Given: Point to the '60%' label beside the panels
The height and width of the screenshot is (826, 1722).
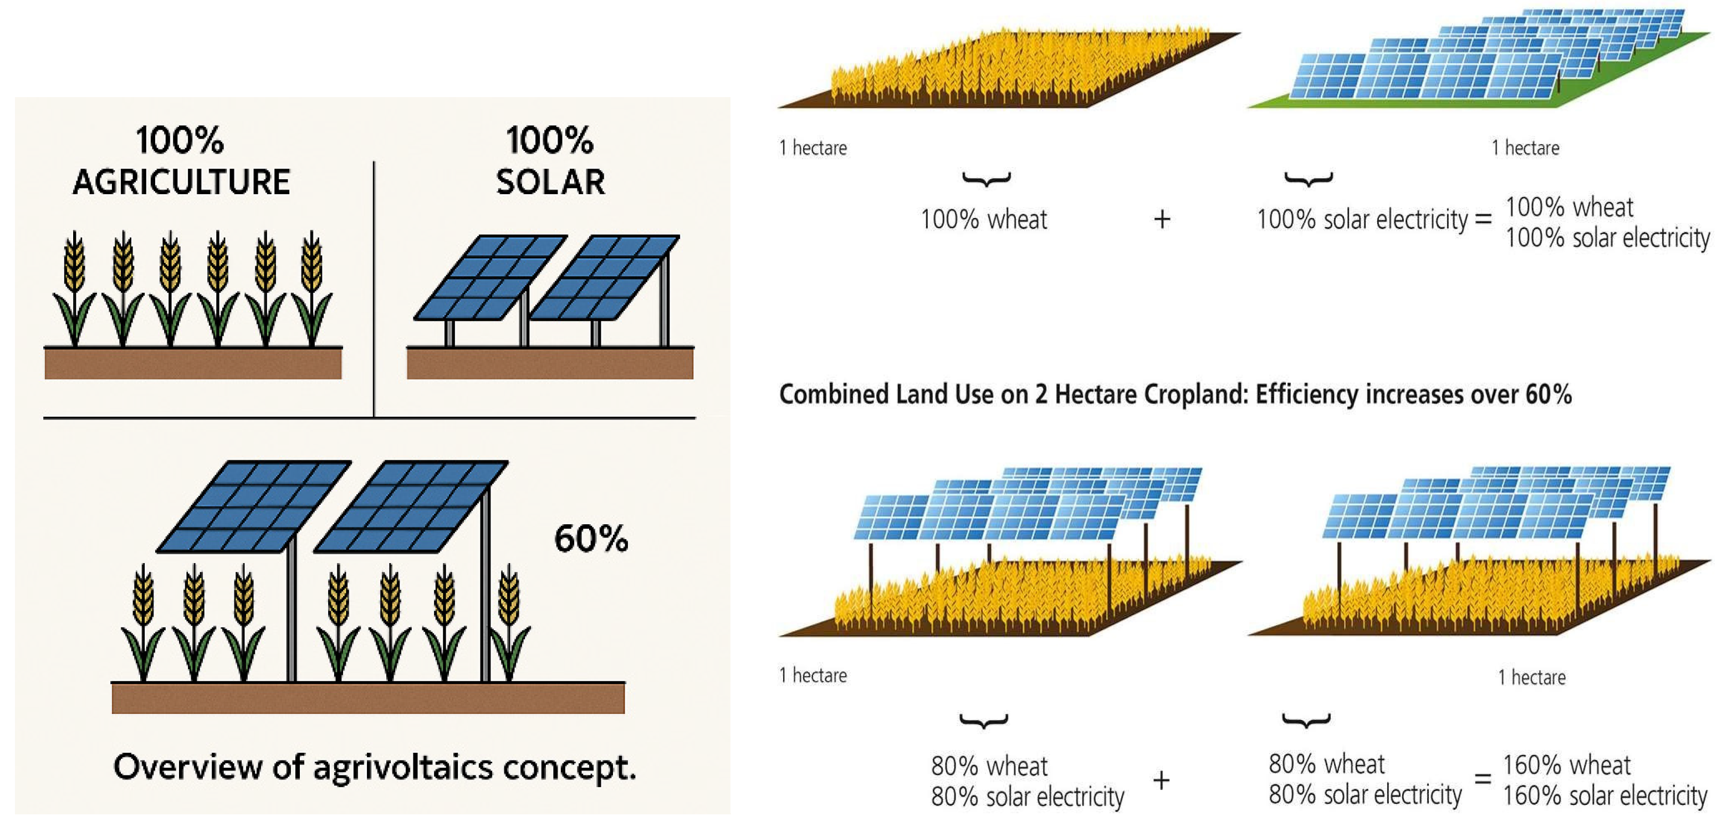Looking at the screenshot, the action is click(591, 539).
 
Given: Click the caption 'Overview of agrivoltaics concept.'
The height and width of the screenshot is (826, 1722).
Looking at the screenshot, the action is click(374, 767).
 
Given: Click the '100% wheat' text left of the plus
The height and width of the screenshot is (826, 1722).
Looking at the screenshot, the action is click(983, 219).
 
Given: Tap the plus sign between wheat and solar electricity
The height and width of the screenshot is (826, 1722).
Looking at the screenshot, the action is click(1162, 219).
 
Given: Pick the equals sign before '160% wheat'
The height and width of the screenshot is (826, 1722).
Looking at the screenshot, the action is click(1483, 778).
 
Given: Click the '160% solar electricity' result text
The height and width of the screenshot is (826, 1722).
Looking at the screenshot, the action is click(1605, 796).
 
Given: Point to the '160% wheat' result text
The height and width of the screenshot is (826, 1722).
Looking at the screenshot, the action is click(1566, 764).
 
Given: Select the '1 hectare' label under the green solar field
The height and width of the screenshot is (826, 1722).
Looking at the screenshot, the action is click(1525, 148).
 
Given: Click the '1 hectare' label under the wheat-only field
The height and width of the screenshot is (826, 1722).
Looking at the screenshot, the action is click(813, 148).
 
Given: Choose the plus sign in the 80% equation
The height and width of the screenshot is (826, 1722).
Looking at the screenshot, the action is click(1161, 780).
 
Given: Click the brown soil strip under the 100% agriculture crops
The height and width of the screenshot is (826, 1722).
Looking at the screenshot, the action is click(193, 363).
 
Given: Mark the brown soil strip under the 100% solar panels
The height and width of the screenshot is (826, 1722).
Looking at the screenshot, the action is click(550, 363).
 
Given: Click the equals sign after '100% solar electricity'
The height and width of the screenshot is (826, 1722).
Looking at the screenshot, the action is click(1483, 219).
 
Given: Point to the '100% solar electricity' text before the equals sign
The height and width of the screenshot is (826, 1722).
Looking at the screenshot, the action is click(1362, 219).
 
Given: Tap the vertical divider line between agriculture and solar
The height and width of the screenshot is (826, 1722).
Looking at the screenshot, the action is click(374, 289).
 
